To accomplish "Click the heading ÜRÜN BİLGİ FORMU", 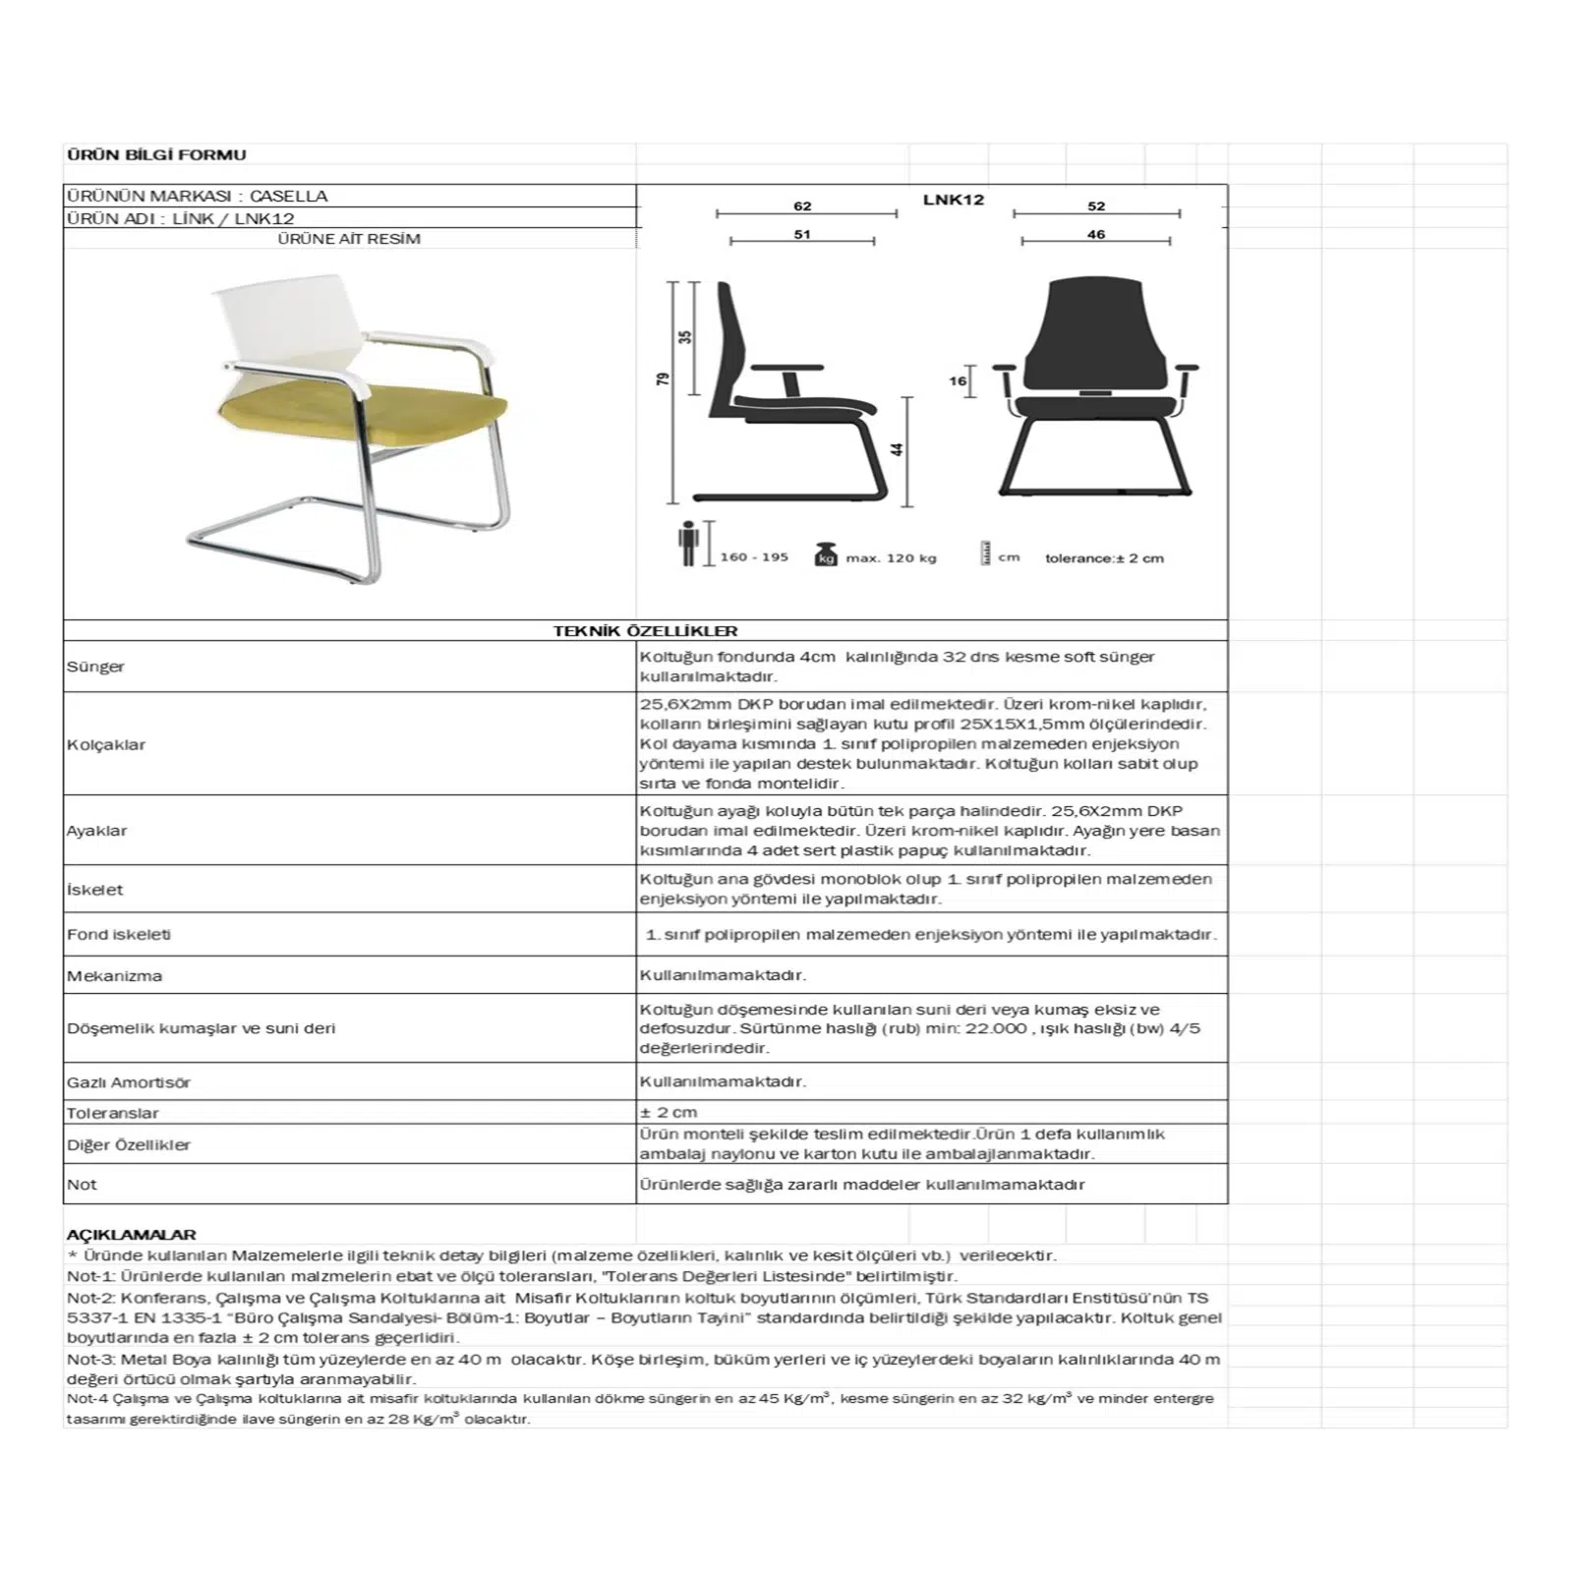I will [156, 154].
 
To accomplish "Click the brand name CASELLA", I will [288, 196].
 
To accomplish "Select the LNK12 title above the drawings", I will [953, 200].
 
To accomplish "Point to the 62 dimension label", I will [802, 205].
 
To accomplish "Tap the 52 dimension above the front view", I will [1096, 205].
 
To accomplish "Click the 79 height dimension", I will [664, 379].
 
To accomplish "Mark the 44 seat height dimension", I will [897, 448].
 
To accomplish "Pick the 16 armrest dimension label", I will [958, 380].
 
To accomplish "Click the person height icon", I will [688, 544].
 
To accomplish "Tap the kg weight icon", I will [826, 554].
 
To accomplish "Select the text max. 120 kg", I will [891, 558].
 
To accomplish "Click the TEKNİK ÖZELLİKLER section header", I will [645, 631].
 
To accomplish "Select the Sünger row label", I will [95, 667].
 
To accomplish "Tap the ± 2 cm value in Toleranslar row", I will [669, 1113].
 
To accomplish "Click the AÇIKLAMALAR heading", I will [131, 1235].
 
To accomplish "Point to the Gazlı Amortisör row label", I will [129, 1082].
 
